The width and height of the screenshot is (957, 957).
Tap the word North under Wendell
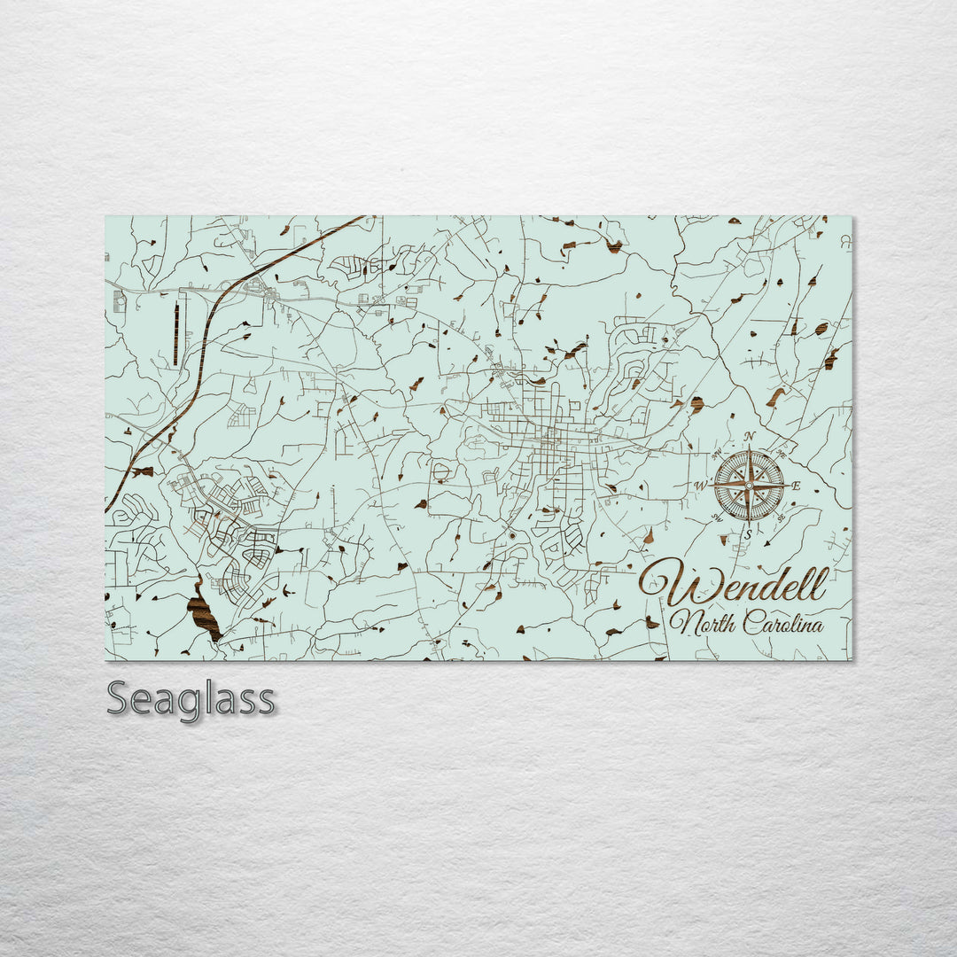700,623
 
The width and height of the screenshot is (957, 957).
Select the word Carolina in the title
783,623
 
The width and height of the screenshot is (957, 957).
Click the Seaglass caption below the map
191,699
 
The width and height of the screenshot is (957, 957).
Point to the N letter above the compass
750,435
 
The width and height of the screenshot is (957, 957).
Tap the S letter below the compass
749,533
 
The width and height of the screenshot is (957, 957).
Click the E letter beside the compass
796,486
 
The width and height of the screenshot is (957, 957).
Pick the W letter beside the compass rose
700,486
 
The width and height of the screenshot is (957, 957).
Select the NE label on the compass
781,454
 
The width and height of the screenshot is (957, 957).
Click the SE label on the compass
781,517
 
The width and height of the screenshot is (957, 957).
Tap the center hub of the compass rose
749,485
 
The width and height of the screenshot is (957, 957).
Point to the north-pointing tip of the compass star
749,448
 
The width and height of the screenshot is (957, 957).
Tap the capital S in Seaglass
119,699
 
